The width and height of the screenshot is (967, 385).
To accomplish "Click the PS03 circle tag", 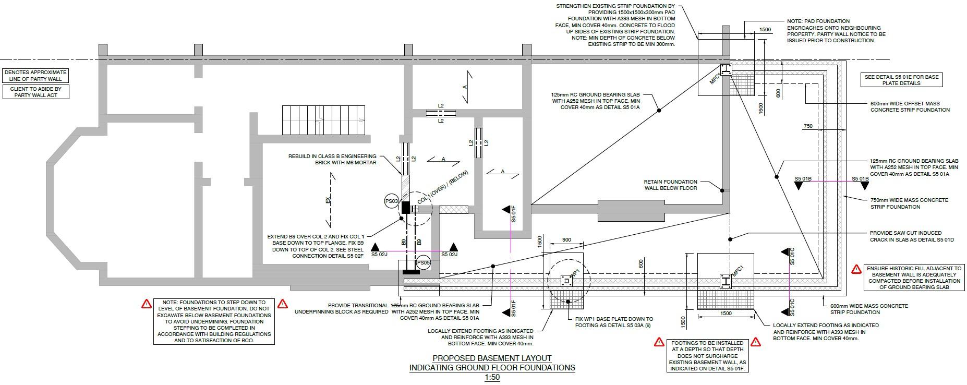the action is [392, 201].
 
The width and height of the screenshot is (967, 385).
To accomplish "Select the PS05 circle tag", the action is [424, 263].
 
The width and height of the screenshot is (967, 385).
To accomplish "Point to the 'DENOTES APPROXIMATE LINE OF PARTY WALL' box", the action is [35, 76].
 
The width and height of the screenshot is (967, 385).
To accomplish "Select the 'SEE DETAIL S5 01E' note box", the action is [901, 80].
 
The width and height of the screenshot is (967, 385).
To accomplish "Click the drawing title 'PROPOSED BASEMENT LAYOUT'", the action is [492, 358].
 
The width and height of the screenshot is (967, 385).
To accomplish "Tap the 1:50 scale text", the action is [492, 377].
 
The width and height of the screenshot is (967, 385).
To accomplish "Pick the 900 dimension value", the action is [566, 240].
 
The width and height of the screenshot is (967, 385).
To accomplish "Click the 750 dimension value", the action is [808, 126].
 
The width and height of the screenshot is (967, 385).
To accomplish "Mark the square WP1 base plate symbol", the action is [566, 281].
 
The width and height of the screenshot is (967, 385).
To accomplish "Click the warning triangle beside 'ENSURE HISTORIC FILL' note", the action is [856, 269].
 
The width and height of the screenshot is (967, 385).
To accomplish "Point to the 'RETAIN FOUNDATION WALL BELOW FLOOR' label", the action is [670, 185].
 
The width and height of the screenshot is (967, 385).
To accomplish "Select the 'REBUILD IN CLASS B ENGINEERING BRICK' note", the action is [332, 159].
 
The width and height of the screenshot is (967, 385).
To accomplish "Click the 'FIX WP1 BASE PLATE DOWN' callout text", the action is [614, 322].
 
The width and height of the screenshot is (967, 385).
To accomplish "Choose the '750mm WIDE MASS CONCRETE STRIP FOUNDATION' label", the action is [909, 203].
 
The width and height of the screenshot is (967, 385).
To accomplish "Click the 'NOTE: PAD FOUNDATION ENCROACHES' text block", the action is [836, 31].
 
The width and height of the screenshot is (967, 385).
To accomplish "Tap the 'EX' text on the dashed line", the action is [328, 200].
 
